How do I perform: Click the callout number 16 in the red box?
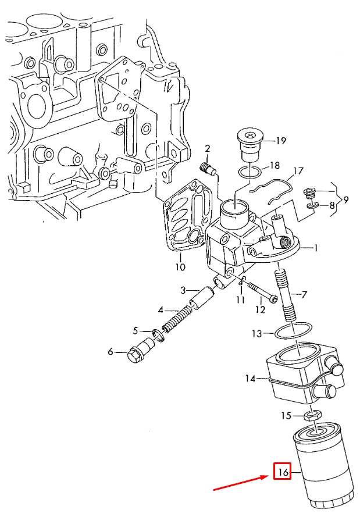[283, 472]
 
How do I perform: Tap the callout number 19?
[281, 140]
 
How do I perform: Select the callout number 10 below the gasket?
[180, 268]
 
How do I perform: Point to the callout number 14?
[251, 379]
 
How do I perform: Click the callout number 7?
[304, 295]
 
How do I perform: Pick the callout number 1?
[316, 248]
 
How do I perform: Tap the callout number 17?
[298, 171]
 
